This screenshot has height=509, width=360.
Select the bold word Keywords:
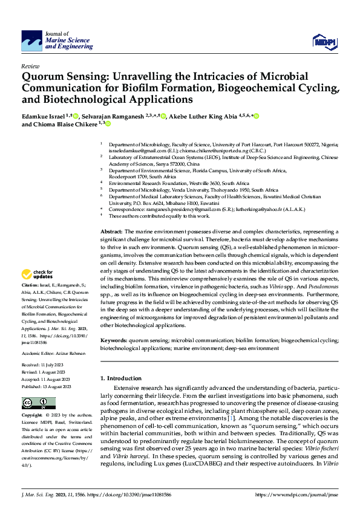tap(114, 341)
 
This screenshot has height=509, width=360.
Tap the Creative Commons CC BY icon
tap(35, 402)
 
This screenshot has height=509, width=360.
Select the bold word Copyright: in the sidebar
tap(31, 416)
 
